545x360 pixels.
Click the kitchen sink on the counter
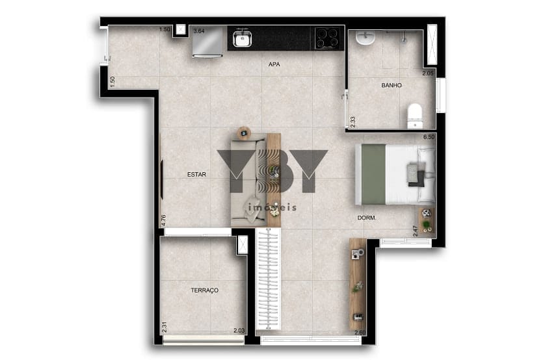[x=243, y=38]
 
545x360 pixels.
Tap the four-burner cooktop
[x=327, y=38]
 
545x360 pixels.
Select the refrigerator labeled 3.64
[x=208, y=42]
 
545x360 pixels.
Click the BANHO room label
[x=392, y=85]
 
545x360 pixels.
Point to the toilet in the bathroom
[x=415, y=116]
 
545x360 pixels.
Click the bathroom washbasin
[x=365, y=38]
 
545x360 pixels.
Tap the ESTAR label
[x=196, y=175]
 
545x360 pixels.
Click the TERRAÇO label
[x=205, y=290]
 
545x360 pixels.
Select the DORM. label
[x=367, y=218]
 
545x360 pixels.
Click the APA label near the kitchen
[x=274, y=64]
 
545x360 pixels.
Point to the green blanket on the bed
[x=374, y=174]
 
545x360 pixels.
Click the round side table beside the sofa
[x=244, y=133]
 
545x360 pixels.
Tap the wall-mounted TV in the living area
[x=162, y=179]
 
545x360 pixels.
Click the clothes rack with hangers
[x=268, y=279]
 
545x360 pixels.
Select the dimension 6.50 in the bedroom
[x=429, y=137]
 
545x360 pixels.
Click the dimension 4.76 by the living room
[x=164, y=220]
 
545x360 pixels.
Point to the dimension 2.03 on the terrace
[x=239, y=331]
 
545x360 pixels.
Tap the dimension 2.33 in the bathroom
[x=352, y=122]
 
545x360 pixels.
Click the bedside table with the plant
[x=427, y=220]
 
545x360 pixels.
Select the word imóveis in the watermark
[x=272, y=207]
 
